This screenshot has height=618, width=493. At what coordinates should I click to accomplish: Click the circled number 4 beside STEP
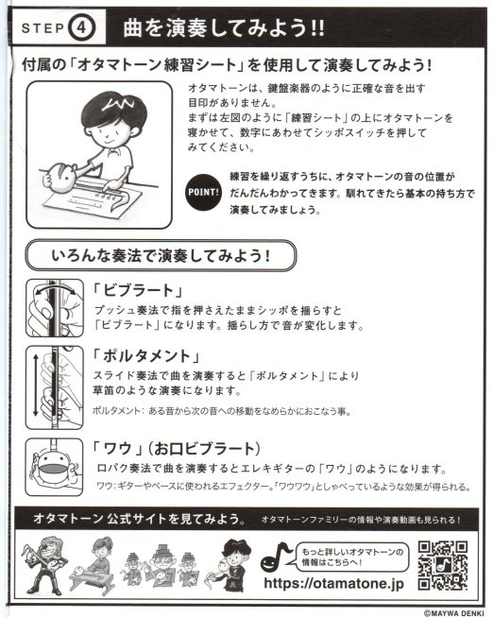pyautogui.click(x=82, y=28)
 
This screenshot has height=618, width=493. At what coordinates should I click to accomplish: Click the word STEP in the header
pyautogui.click(x=42, y=28)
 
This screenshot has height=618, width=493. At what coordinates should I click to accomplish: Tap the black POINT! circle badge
pyautogui.click(x=203, y=193)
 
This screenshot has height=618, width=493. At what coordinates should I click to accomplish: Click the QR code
pyautogui.click(x=443, y=565)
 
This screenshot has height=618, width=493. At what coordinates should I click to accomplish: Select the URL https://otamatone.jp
pyautogui.click(x=334, y=583)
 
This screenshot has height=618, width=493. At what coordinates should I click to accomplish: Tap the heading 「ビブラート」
pyautogui.click(x=138, y=290)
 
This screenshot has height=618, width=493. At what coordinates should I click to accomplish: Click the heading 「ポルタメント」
pyautogui.click(x=146, y=355)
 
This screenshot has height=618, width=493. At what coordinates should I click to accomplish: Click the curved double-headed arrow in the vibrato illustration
pyautogui.click(x=55, y=287)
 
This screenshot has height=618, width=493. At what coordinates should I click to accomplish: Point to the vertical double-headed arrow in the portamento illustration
pyautogui.click(x=36, y=385)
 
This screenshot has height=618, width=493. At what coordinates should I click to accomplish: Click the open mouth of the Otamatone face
pyautogui.click(x=54, y=470)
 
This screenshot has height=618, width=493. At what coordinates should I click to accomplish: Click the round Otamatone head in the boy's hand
pyautogui.click(x=61, y=176)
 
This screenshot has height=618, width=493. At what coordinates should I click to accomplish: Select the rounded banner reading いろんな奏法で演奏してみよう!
pyautogui.click(x=161, y=256)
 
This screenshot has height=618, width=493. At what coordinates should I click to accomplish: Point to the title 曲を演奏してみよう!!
pyautogui.click(x=224, y=28)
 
